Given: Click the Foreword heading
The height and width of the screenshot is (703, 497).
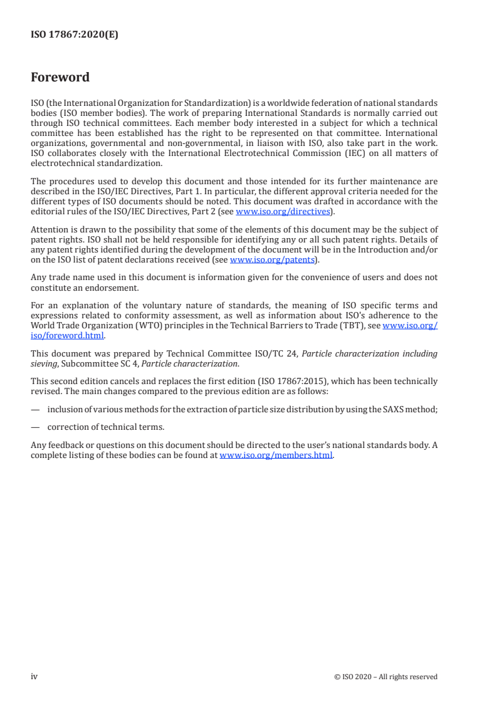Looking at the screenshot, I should pyautogui.click(x=60, y=78).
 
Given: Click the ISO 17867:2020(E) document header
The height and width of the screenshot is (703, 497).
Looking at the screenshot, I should pyautogui.click(x=75, y=36).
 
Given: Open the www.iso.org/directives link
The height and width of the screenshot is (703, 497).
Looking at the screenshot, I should pyautogui.click(x=282, y=211).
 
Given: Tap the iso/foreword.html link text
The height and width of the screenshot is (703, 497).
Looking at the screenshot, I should pyautogui.click(x=68, y=335).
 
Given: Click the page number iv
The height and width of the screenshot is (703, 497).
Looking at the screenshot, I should pyautogui.click(x=34, y=676).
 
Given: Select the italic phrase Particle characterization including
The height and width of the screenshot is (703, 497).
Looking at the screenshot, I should pyautogui.click(x=370, y=353).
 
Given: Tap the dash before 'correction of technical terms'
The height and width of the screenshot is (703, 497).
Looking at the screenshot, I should pyautogui.click(x=34, y=427).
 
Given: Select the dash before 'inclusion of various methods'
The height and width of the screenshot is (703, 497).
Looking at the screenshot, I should pyautogui.click(x=34, y=409).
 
